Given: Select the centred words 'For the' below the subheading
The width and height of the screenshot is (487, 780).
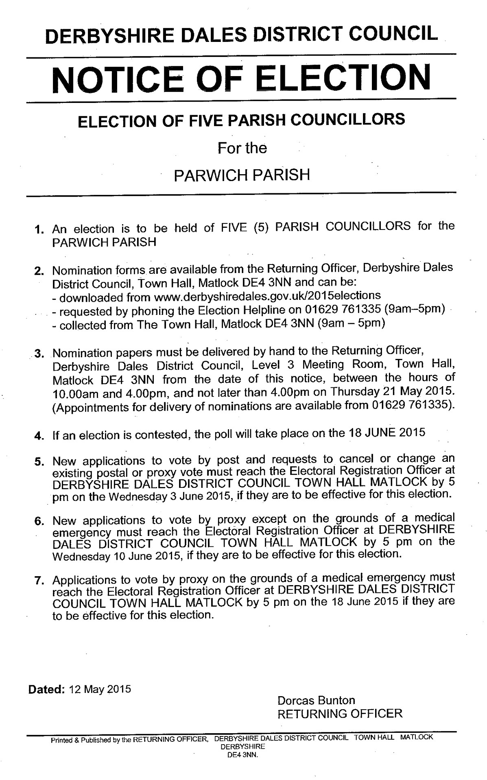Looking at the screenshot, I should (x=242, y=147).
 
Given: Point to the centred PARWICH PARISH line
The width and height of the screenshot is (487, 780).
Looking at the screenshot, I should (x=242, y=175).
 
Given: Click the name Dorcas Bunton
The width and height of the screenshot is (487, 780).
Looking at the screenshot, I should (x=316, y=700).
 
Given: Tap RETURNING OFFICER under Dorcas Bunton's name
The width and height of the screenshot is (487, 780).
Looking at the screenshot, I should (x=340, y=713).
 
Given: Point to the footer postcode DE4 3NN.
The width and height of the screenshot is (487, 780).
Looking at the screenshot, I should (x=242, y=754).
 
